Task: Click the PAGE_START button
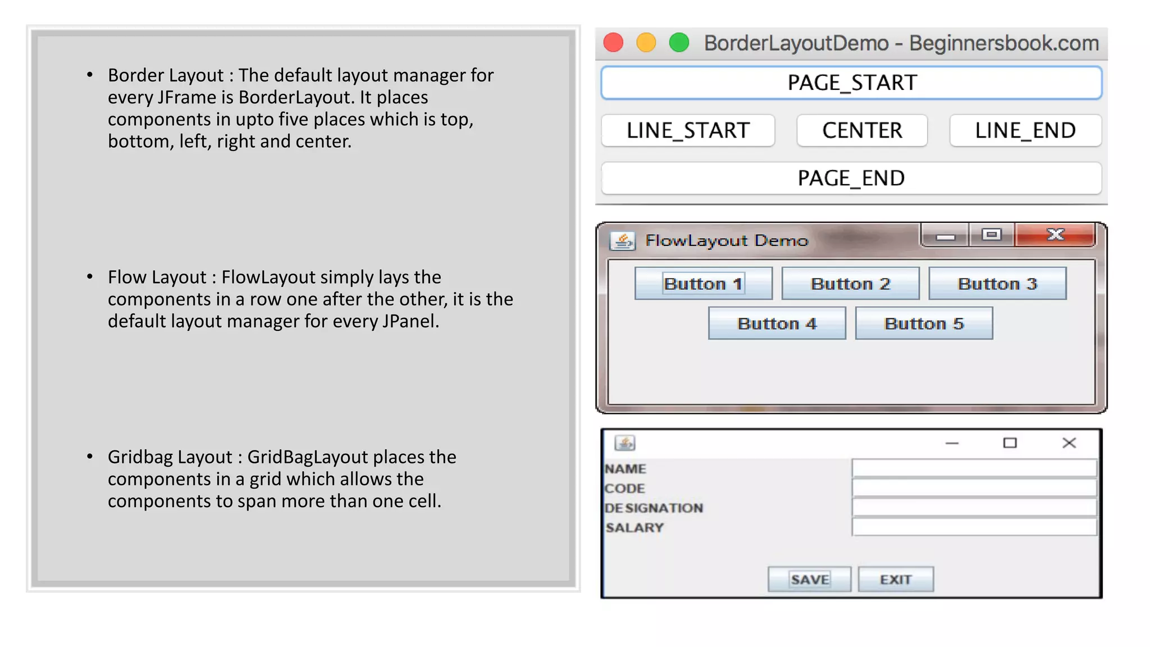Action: pos(851,83)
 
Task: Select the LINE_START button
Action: pos(688,131)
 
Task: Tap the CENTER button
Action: pos(862,131)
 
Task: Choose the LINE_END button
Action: pos(1025,131)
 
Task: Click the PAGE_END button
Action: pos(851,179)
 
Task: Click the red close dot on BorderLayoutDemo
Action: pos(613,43)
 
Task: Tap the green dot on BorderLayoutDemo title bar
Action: pos(679,43)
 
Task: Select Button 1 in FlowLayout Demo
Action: pos(703,284)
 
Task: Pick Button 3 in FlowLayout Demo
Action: pos(997,284)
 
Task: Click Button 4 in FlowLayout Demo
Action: pos(777,323)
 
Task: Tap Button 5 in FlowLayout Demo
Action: pos(924,323)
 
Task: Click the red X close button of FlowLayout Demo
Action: pos(1055,235)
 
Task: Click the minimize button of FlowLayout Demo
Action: pos(945,236)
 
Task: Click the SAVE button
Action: pos(809,579)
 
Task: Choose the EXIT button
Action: pos(896,579)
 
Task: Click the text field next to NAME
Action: pos(974,468)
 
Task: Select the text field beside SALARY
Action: pos(974,527)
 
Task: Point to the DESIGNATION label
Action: pos(654,508)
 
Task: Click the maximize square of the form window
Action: pos(1010,443)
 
